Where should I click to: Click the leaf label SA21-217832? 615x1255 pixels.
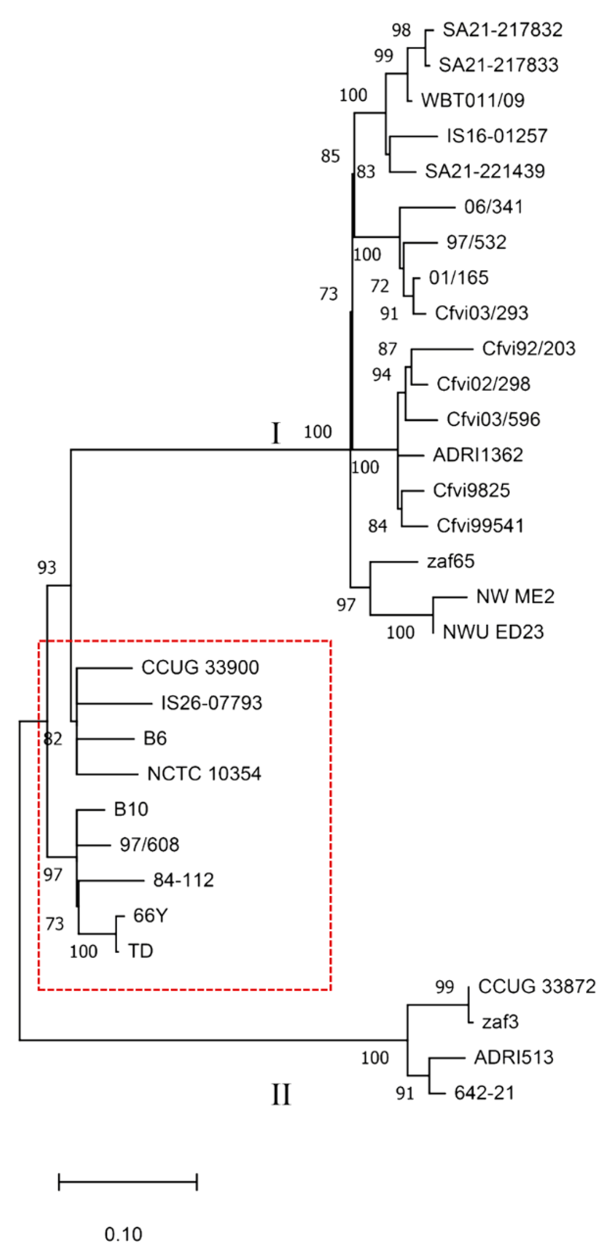502,30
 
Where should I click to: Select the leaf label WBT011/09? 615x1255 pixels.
473,101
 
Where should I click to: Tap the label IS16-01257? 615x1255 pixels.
497,136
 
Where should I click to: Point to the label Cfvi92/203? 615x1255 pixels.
528,349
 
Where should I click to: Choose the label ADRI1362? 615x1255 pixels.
477,455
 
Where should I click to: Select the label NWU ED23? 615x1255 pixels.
493,632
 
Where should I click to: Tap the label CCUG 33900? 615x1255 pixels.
200,668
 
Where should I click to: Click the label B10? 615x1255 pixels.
131,809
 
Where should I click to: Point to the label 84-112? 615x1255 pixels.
183,880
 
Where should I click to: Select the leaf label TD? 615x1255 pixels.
140,951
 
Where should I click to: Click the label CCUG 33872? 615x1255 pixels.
536,987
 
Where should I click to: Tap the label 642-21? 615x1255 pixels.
484,1093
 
